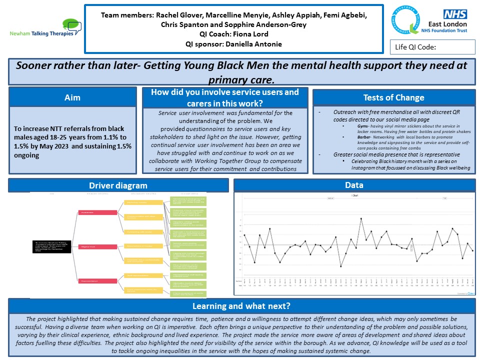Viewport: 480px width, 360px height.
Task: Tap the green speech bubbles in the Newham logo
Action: click(72, 24)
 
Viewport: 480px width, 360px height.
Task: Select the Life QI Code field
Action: click(432, 47)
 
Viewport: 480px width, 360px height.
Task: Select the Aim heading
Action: click(72, 97)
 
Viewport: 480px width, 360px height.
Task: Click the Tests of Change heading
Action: click(393, 97)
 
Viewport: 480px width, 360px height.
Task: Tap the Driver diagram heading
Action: click(118, 185)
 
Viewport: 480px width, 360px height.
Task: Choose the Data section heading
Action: click(354, 185)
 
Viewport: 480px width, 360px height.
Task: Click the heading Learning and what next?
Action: click(241, 305)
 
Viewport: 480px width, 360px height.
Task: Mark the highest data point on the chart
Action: click(361, 218)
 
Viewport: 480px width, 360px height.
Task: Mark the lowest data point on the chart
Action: click(341, 266)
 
